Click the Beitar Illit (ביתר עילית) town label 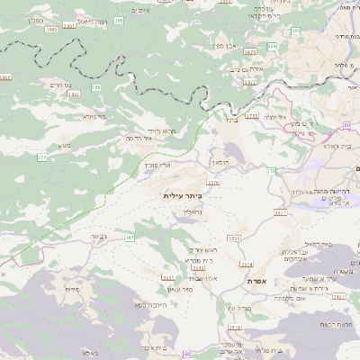click(183, 194)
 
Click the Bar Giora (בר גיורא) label click(94, 116)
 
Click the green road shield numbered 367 click(130, 238)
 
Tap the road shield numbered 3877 click(249, 82)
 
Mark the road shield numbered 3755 click(251, 116)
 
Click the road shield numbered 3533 click(234, 238)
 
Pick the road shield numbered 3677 click(281, 212)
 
